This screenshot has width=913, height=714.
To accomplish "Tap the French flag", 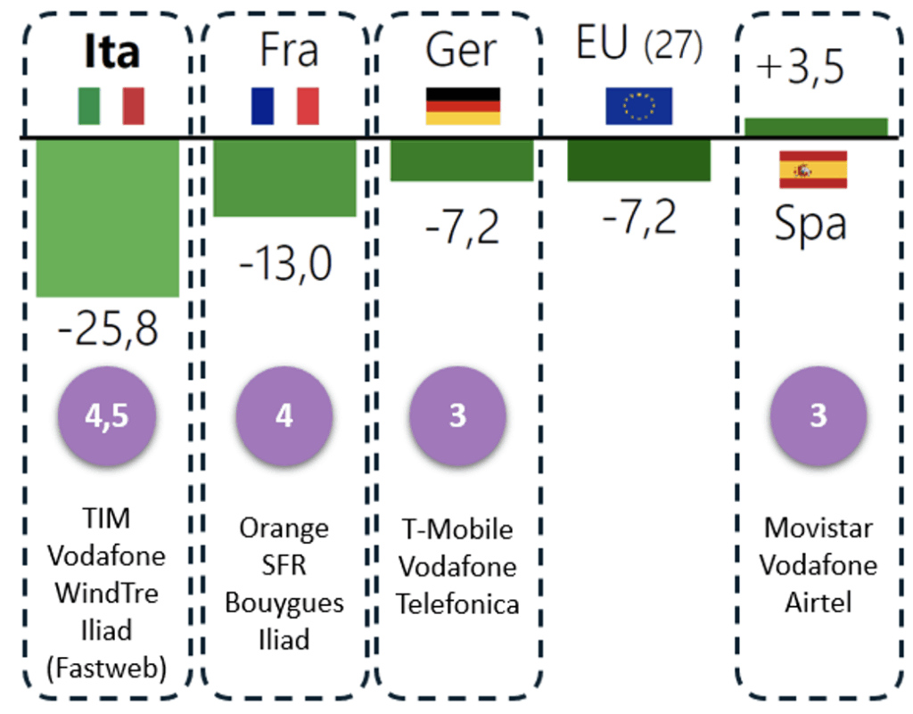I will click(284, 106).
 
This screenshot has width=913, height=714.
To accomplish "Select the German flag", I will click(463, 106).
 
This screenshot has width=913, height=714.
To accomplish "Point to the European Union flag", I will click(638, 106).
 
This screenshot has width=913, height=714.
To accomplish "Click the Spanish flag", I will click(813, 169).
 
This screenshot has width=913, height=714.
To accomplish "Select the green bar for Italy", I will click(107, 217).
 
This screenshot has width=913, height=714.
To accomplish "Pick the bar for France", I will click(284, 177).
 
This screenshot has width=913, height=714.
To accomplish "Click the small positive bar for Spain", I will click(816, 127).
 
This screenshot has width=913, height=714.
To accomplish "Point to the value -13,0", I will click(284, 263).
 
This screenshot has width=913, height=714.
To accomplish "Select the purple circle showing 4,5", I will click(107, 415).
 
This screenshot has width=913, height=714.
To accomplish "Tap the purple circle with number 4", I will click(284, 415).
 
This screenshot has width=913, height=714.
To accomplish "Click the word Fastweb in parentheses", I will click(108, 668).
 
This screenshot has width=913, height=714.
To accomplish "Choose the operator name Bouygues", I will click(284, 603).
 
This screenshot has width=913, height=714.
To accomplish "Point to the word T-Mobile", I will click(457, 529).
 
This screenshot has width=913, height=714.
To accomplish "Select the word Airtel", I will click(818, 602).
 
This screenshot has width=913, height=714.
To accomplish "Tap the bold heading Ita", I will click(111, 52).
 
